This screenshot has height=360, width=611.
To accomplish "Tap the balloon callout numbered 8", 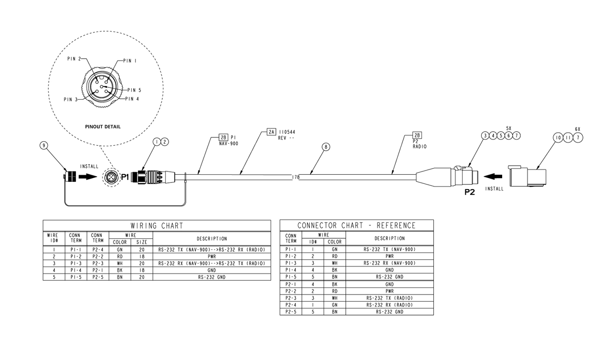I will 326,147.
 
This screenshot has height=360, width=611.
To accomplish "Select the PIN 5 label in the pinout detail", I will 134,90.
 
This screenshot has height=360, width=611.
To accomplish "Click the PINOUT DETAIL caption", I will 103,127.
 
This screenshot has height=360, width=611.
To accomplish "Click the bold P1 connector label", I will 125,177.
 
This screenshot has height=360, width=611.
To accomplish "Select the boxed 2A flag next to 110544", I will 271,131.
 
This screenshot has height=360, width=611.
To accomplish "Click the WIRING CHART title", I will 157,225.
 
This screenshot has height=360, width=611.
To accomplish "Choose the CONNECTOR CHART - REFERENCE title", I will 356,225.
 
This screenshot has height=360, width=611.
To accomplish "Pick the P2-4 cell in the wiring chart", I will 98,249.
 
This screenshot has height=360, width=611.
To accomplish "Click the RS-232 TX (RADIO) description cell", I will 390,298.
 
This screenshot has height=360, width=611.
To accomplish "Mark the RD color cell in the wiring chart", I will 119,256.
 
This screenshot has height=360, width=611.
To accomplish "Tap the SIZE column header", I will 142,242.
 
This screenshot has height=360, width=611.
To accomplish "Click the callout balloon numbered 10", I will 558,138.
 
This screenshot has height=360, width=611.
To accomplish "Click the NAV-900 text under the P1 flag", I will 228,143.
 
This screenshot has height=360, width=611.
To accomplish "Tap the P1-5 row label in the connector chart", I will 291,276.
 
